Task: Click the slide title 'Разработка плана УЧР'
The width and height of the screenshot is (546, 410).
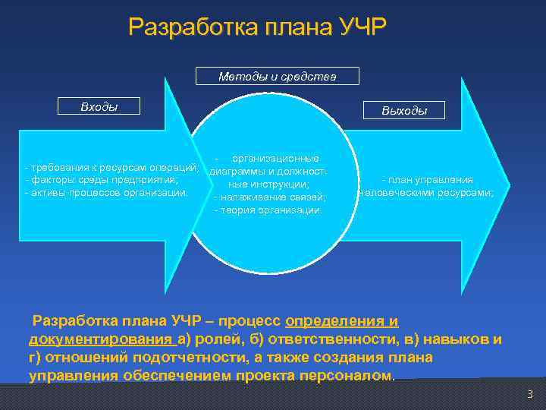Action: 257,27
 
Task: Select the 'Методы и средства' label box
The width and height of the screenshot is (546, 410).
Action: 277,77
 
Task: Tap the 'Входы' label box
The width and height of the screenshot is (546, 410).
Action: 99,106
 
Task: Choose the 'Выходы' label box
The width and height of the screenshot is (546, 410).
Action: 404,111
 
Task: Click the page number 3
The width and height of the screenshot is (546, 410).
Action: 530,393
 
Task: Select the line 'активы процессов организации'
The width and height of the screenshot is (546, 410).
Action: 107,192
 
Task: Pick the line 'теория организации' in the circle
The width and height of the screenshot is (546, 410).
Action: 269,210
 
